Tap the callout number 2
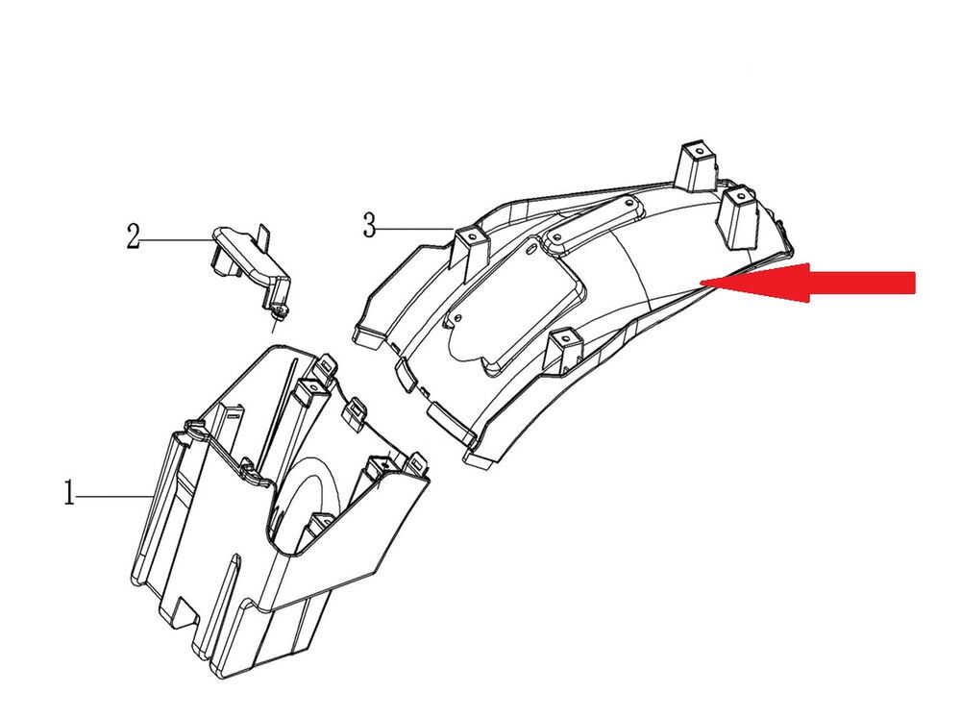click(x=133, y=235)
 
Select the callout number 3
click(x=369, y=225)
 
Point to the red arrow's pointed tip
click(x=702, y=283)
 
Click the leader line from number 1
click(x=113, y=494)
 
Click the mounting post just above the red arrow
click(x=737, y=217)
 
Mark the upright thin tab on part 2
click(x=264, y=236)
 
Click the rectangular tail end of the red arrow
click(x=862, y=283)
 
